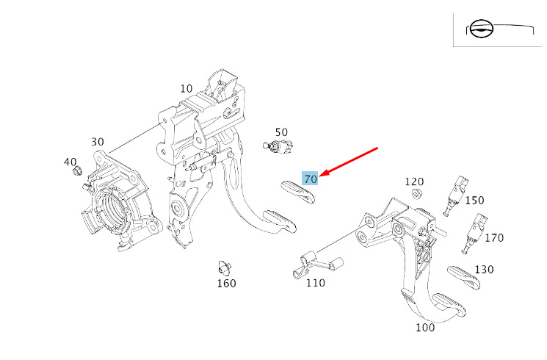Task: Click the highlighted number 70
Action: coord(310,179)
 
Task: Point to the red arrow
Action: coord(349,162)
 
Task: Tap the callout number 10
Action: coord(186,89)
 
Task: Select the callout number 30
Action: coord(98,142)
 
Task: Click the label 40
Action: coord(70,162)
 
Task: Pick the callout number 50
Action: coord(282,132)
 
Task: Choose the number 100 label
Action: coord(425,328)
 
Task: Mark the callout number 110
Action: coord(316,283)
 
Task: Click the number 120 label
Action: coord(415,181)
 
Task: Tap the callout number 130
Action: coord(484,270)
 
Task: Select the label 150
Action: coord(475,200)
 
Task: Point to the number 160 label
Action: coord(226,284)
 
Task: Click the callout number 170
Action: coord(494,237)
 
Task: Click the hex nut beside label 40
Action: coord(76,172)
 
